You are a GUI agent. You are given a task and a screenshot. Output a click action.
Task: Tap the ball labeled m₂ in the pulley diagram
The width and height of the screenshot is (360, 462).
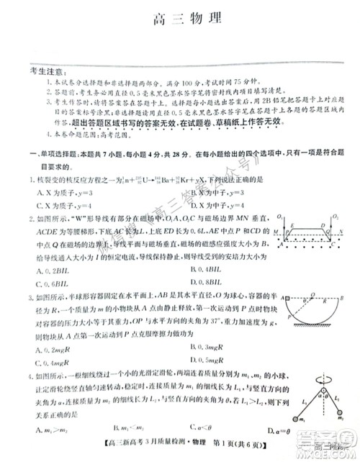[x=337, y=435]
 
